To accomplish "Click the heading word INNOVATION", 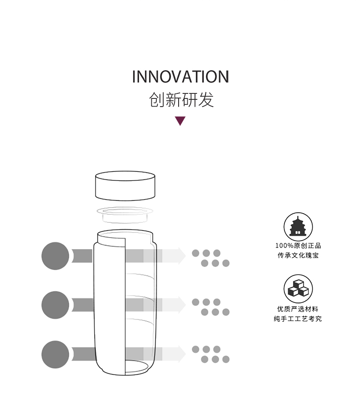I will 180,77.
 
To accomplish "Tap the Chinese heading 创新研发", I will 181,100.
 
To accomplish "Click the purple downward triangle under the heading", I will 180,121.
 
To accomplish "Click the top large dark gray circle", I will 55,256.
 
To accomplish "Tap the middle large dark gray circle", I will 55,305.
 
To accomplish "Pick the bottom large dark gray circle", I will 55,354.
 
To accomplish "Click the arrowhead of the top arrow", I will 181,256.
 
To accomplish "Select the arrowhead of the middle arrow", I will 181,305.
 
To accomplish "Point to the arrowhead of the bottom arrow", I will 181,354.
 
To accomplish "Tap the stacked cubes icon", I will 298,288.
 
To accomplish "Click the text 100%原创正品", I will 298,246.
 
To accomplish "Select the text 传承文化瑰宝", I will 298,256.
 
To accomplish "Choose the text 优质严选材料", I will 298,309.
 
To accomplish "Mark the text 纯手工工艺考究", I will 298,318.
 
